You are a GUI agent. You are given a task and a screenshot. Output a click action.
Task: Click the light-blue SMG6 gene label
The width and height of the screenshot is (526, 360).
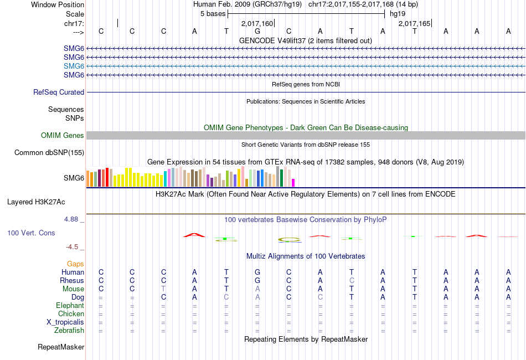74,66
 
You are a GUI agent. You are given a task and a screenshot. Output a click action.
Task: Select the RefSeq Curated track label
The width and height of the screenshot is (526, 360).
59,92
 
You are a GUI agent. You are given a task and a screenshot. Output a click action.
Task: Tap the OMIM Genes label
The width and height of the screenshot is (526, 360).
63,136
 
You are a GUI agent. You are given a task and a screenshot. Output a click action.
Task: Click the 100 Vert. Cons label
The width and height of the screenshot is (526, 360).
31,233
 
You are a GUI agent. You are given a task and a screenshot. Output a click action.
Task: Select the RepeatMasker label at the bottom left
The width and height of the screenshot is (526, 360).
61,347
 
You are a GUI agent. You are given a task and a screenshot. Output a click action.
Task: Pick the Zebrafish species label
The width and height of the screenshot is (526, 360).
69,331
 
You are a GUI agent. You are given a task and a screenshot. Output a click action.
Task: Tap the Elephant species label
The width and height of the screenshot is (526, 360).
70,306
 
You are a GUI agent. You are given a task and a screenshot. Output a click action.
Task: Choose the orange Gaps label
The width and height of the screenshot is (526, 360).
75,264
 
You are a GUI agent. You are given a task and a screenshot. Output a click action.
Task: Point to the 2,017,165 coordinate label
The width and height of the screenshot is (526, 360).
414,24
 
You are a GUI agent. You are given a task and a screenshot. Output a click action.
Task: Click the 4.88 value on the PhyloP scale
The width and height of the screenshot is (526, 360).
72,219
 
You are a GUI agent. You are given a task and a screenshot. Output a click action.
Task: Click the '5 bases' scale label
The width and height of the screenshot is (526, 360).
213,14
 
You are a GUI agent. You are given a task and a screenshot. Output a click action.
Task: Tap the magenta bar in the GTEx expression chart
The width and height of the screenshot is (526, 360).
293,183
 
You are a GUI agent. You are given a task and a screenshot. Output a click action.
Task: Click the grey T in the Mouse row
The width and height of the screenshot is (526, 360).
163,289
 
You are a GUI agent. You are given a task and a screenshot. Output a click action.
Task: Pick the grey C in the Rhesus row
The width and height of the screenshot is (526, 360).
351,281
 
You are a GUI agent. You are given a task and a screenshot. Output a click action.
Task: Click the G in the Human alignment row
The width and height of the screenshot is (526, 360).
257,272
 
